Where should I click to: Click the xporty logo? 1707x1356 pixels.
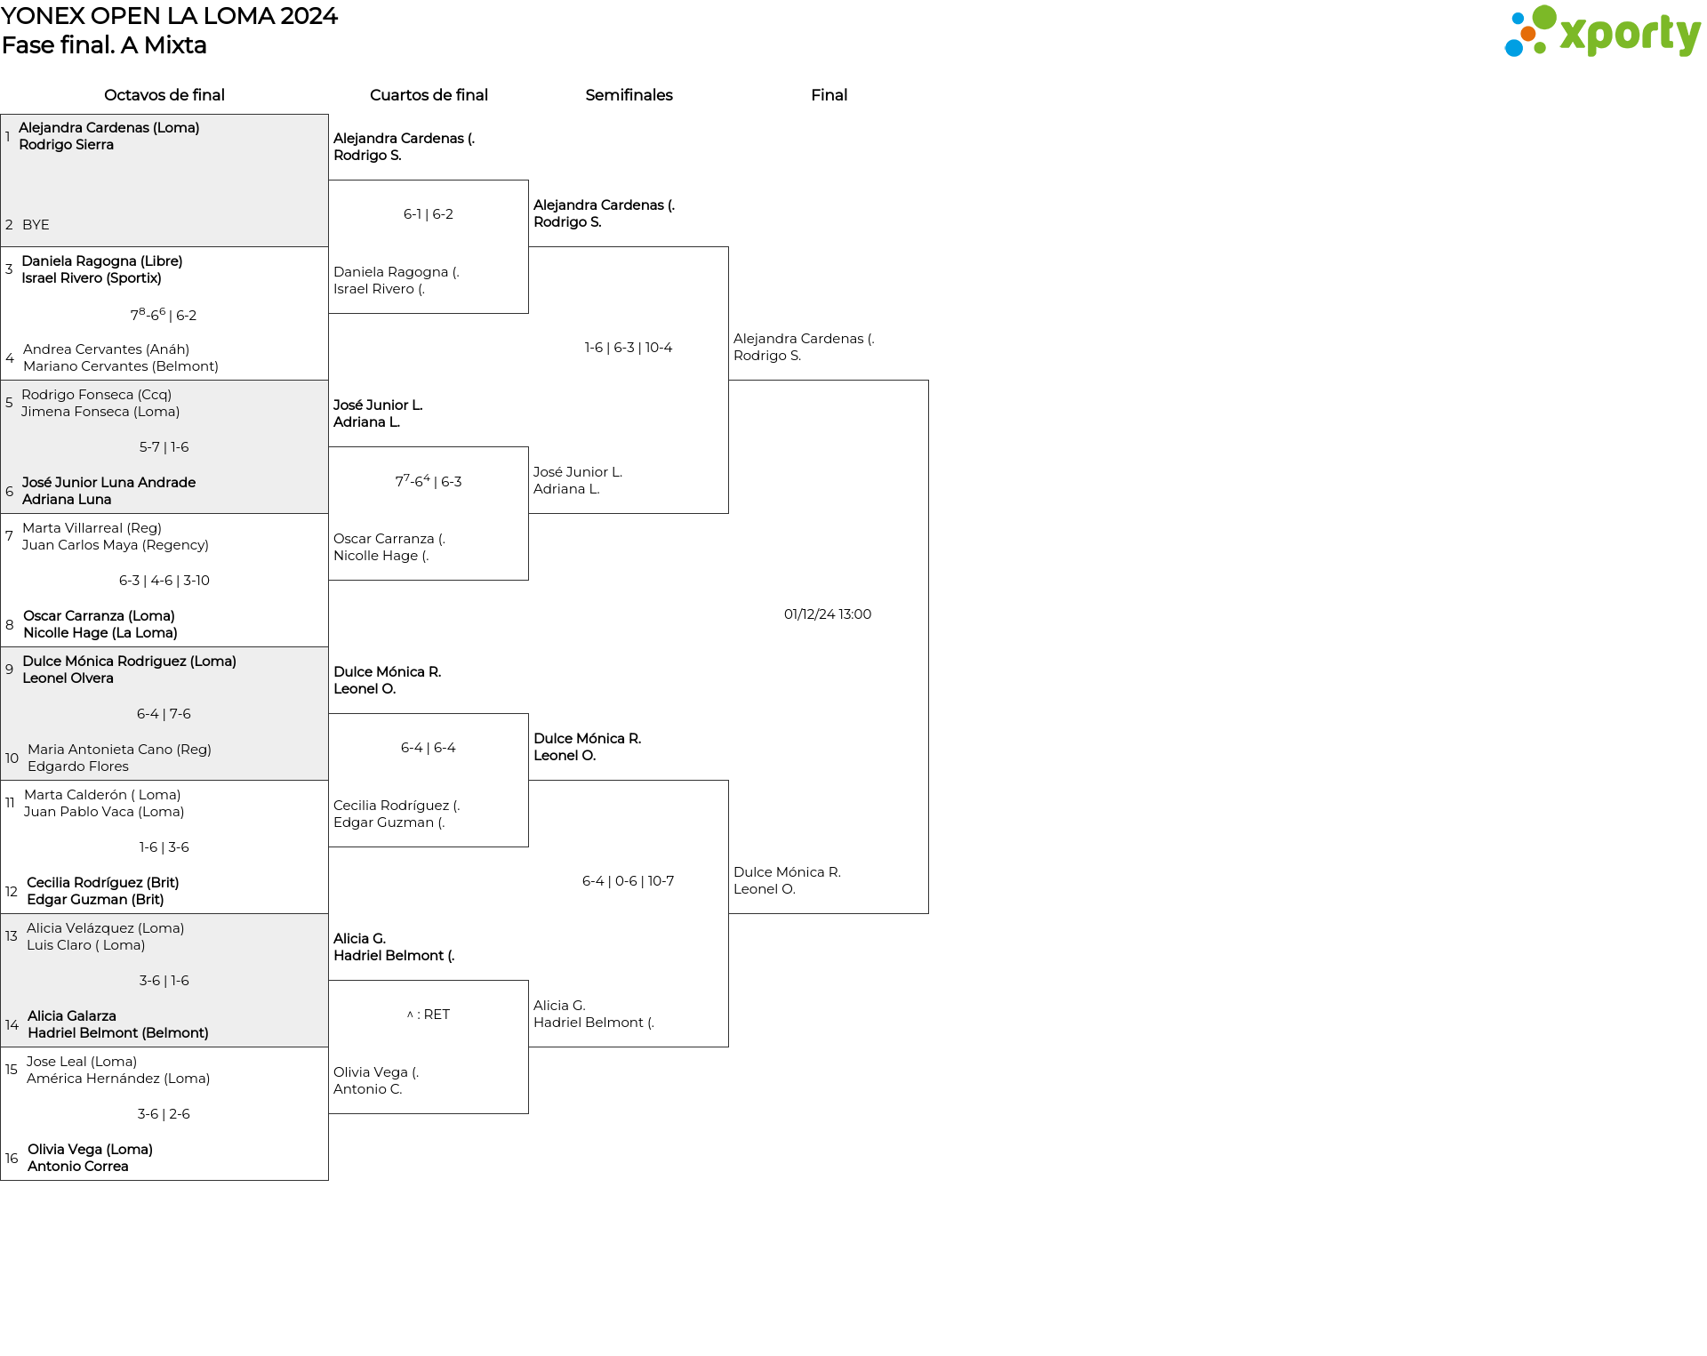pos(1602,32)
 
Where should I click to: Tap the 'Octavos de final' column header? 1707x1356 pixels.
pos(164,95)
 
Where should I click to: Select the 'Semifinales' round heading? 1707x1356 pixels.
pos(629,95)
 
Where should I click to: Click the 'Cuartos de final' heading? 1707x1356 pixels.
pos(429,95)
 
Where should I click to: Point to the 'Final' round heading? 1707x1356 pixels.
pos(829,95)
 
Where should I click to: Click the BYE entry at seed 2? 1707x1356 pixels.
pos(36,225)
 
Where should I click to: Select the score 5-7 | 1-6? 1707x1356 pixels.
pos(164,447)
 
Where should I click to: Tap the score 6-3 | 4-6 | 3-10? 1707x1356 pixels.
pos(164,581)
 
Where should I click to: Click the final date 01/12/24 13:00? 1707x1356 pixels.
pos(828,614)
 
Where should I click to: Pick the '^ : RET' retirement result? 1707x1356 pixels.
pos(429,1015)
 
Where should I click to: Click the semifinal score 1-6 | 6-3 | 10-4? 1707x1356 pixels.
pos(629,348)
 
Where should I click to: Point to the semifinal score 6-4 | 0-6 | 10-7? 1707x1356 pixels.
pos(629,881)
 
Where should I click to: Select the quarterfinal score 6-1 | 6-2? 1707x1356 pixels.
pos(429,214)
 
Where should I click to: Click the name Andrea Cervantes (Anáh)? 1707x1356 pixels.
pos(106,349)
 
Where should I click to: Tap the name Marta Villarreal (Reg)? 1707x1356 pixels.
pos(92,528)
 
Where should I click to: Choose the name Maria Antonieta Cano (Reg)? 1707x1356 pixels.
pos(119,750)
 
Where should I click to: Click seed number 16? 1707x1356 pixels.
pos(12,1159)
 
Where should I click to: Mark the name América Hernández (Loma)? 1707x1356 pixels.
pos(118,1079)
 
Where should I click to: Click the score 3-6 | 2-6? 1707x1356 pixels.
pos(164,1114)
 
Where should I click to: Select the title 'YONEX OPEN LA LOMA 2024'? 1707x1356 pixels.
pos(170,16)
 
